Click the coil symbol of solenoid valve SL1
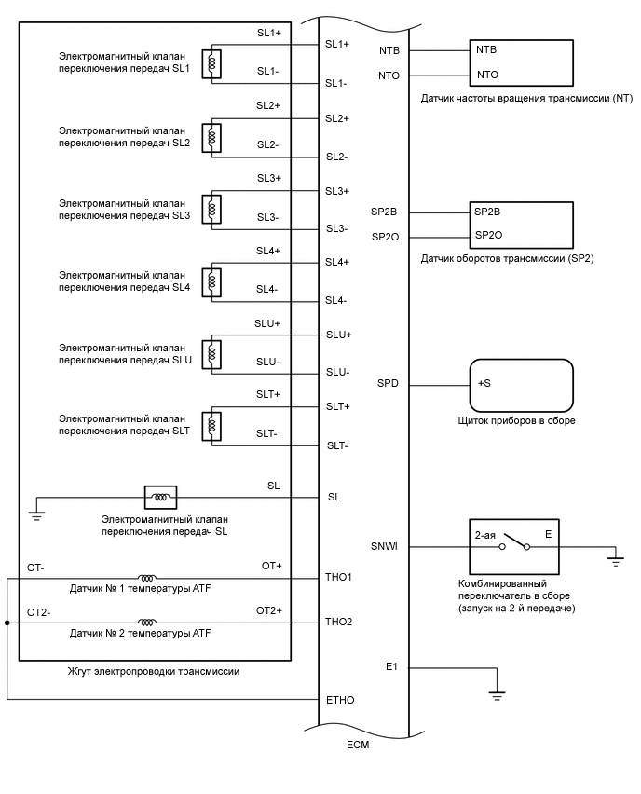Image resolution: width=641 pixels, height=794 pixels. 213,63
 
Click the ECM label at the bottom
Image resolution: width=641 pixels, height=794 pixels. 357,746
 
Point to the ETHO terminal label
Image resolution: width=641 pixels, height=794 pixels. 339,699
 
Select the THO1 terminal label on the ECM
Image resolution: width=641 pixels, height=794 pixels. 338,578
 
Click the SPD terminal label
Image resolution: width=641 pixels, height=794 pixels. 388,383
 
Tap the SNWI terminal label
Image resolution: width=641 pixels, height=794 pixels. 384,547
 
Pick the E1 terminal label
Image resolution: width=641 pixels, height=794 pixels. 391,667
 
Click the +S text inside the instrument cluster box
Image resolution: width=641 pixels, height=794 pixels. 484,383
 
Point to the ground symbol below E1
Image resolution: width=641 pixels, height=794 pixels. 497,695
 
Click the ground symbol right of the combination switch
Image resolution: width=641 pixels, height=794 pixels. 615,560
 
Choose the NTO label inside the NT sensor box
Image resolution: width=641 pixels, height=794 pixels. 487,75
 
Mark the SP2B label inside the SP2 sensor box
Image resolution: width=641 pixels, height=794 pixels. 488,212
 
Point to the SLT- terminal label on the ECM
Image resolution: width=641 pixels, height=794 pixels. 337,445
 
